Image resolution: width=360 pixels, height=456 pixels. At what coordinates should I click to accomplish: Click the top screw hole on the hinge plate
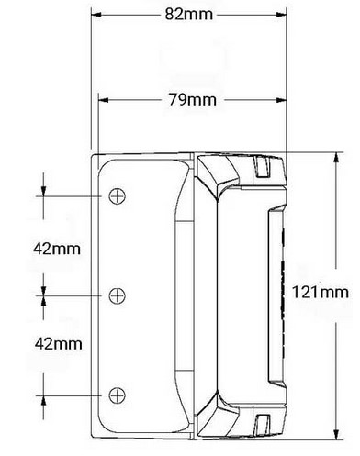[x=117, y=196]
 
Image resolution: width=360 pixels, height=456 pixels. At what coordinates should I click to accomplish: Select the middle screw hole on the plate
[x=117, y=295]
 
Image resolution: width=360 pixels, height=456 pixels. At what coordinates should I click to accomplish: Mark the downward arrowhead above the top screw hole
[x=42, y=191]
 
